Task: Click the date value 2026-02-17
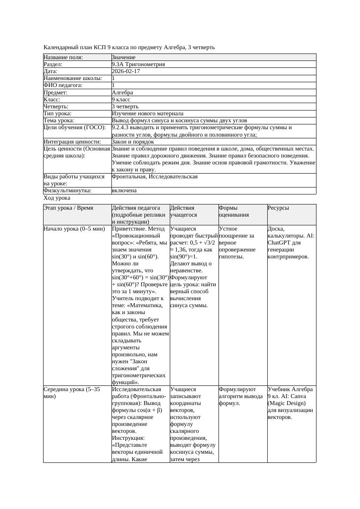point(126,71)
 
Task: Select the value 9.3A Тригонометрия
point(138,64)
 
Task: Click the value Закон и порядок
point(133,142)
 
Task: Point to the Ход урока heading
point(57,198)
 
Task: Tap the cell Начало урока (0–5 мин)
point(74,229)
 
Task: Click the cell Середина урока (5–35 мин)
point(72,393)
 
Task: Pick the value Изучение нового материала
point(148,114)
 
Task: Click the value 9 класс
point(121,100)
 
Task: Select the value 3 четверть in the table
point(125,107)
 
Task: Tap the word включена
point(124,191)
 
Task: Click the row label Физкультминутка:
point(67,191)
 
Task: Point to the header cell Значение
point(124,57)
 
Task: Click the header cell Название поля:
point(63,57)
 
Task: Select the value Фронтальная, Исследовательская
point(155,177)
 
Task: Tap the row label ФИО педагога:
point(63,85)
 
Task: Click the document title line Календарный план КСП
point(129,47)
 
